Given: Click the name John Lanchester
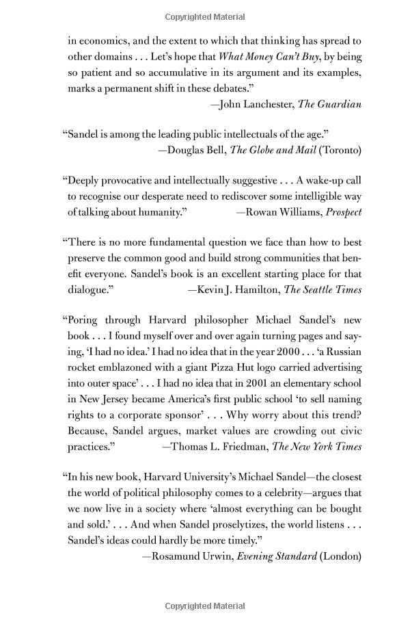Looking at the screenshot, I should (256, 104).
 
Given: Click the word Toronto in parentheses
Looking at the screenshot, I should (338, 150).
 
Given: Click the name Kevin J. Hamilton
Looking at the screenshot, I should (237, 289).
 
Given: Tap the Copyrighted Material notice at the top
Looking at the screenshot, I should (205, 16).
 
